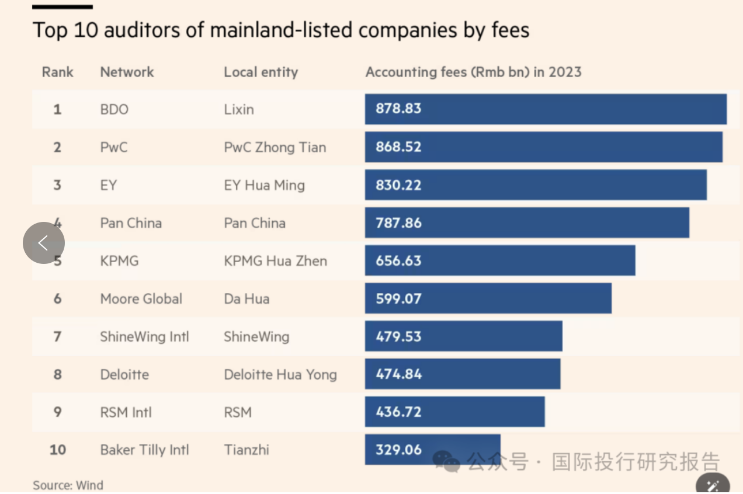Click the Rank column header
coord(57,72)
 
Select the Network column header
coord(127,72)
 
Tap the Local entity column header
coord(261,72)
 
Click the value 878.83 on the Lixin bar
coord(398,109)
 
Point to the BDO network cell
coord(114,109)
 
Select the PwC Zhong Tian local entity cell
coord(275,147)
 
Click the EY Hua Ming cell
coord(265,185)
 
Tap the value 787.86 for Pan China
coord(398,223)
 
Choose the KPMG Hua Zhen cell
coord(275,261)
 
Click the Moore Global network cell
coord(141,299)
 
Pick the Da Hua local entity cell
coord(246,299)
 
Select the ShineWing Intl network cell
coord(145,336)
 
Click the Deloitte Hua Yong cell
coord(280,375)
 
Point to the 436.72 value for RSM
coord(398,412)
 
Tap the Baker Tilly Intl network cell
coord(145,450)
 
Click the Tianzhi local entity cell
coord(246,450)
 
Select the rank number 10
coord(57,450)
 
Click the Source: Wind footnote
coord(68,485)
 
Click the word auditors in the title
coord(143,30)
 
